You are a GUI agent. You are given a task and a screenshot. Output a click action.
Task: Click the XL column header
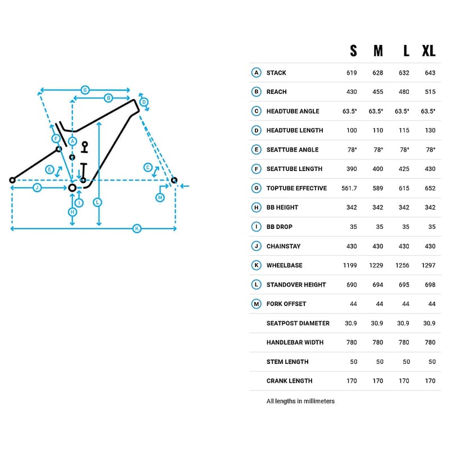pos(429,51)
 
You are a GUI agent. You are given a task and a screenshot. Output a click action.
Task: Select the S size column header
pos(353,51)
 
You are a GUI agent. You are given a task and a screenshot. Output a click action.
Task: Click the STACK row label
pos(276,73)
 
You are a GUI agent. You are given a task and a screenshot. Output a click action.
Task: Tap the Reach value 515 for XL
pos(430,92)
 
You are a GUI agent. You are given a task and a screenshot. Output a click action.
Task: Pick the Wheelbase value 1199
pos(350,265)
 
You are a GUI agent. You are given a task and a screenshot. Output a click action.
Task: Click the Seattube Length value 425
pos(404,169)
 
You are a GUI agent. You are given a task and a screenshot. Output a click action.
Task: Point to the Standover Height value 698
pos(430,285)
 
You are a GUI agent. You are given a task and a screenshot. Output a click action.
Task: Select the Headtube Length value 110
pos(378,130)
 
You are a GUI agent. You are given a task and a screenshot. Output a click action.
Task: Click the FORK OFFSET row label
pos(286,304)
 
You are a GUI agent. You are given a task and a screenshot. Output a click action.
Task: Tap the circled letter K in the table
pos(256,265)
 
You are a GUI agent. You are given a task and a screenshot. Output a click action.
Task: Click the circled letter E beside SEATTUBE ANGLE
pos(256,150)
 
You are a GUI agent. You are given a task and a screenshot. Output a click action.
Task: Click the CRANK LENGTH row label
pos(289,381)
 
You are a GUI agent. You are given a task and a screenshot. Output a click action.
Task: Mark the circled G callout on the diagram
pos(85,89)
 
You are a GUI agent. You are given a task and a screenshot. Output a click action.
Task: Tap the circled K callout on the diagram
pos(136,228)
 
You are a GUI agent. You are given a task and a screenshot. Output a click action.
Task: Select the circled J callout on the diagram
pos(37,187)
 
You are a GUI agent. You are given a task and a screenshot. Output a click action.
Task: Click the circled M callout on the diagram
pos(160,197)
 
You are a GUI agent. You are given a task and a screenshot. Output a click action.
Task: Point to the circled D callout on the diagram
pos(144,102)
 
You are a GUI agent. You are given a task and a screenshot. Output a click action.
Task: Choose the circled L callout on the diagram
pos(98,201)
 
